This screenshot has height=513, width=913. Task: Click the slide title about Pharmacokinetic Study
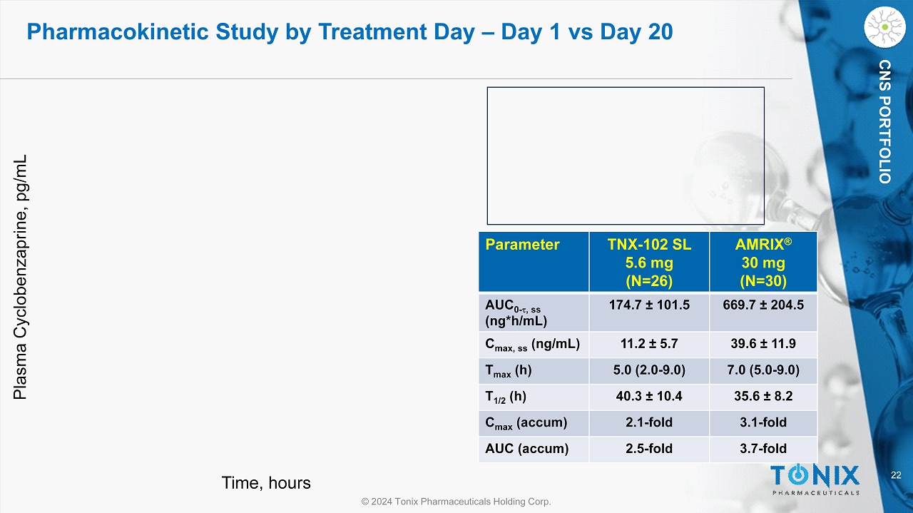pyautogui.click(x=350, y=31)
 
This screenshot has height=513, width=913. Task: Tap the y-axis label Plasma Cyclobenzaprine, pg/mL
pyautogui.click(x=21, y=277)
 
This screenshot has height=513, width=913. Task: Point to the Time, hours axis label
pyautogui.click(x=266, y=483)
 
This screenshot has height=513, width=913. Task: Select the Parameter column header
pyautogui.click(x=522, y=245)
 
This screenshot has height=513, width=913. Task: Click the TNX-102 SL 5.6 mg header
pyautogui.click(x=649, y=262)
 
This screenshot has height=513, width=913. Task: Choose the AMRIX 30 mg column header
pyautogui.click(x=762, y=262)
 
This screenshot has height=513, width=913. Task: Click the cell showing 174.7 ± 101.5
pyautogui.click(x=649, y=305)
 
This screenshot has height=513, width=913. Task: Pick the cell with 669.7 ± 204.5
pyautogui.click(x=762, y=305)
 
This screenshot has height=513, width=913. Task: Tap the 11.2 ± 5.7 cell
pyautogui.click(x=649, y=345)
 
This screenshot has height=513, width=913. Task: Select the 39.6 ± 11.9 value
pyautogui.click(x=762, y=345)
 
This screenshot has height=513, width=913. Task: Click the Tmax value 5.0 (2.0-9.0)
pyautogui.click(x=649, y=370)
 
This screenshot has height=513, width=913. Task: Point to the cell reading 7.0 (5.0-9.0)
pyautogui.click(x=762, y=370)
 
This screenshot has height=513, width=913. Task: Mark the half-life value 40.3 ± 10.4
pyautogui.click(x=649, y=397)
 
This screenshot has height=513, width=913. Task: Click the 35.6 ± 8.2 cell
pyautogui.click(x=762, y=397)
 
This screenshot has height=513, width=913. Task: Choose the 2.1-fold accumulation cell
pyautogui.click(x=649, y=422)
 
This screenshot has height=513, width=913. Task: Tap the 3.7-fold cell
pyautogui.click(x=762, y=449)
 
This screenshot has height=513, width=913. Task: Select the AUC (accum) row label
pyautogui.click(x=527, y=449)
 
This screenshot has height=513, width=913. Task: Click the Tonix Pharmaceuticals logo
pyautogui.click(x=815, y=478)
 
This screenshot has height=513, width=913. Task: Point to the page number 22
pyautogui.click(x=896, y=476)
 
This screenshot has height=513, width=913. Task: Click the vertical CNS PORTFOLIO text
pyautogui.click(x=884, y=122)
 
